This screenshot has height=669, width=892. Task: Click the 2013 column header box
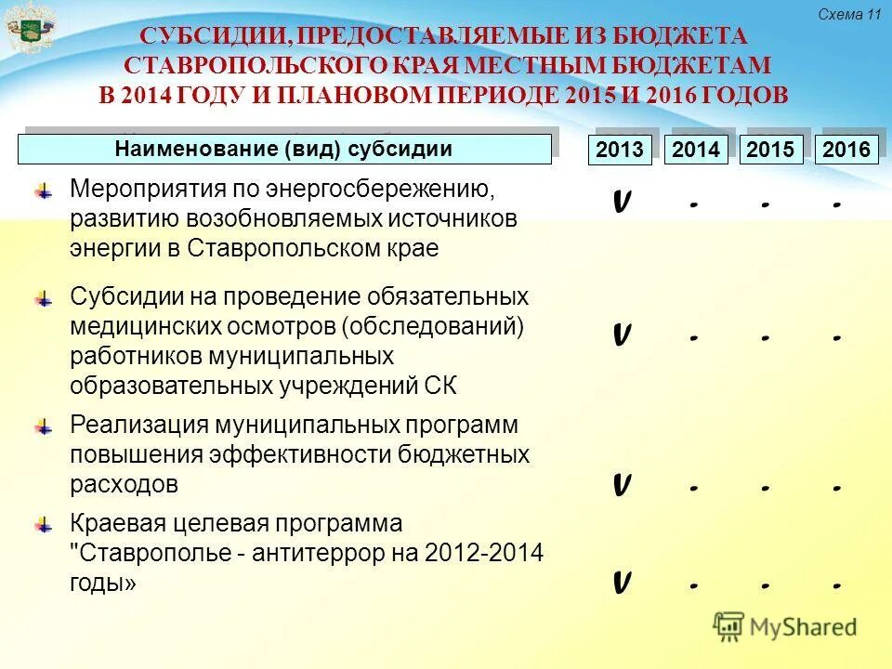[x=620, y=150]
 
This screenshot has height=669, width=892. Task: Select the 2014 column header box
[x=696, y=150]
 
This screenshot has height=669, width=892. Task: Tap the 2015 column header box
[x=771, y=150]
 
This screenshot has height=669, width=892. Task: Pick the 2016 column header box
[x=846, y=150]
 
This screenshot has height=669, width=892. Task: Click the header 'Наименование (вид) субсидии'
[x=284, y=149]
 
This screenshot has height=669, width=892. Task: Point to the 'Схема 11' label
[x=849, y=14]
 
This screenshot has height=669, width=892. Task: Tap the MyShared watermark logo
[x=785, y=626]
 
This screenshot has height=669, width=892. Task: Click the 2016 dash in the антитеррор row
[x=837, y=586]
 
